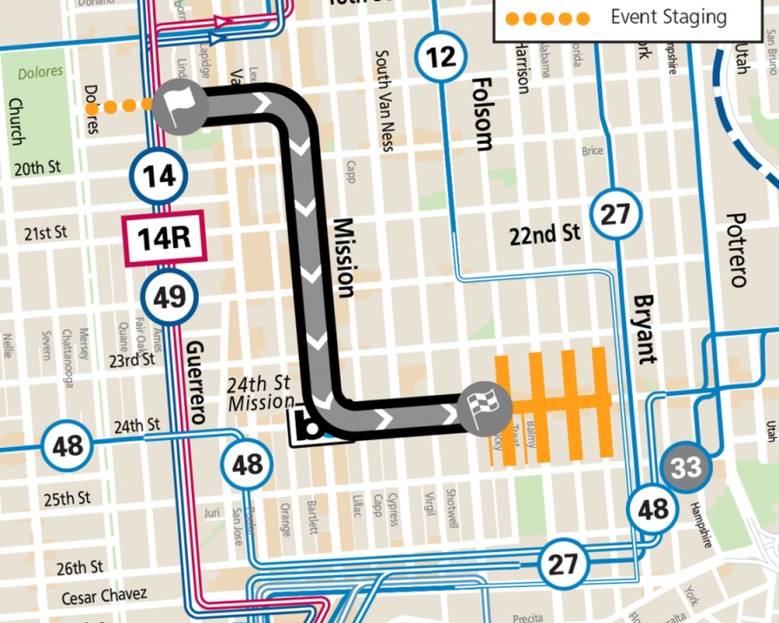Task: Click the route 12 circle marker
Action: pos(440,56)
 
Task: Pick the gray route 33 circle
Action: pos(686,467)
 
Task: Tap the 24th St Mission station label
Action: pos(261,392)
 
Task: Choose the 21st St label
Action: pos(47,234)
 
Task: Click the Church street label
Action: pos(16,121)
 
